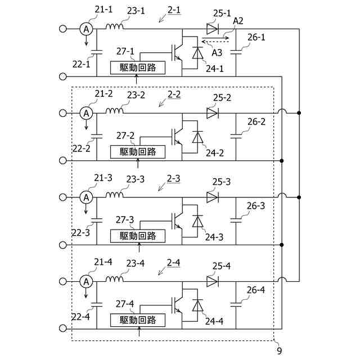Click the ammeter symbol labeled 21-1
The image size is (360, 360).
point(86,29)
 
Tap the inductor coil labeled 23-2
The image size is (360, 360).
point(114,111)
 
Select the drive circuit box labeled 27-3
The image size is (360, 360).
point(138,236)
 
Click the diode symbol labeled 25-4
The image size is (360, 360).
point(213,281)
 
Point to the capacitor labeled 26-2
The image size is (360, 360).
point(236,136)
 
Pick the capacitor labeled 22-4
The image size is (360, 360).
point(97,304)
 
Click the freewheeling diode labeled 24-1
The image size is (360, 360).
point(197,53)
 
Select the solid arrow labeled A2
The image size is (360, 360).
point(215,38)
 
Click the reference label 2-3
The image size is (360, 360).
point(173,179)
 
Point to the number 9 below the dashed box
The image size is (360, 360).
point(279,351)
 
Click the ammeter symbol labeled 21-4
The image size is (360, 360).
point(86,281)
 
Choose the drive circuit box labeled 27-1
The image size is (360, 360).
point(138,67)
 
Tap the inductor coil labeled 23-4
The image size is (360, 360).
point(114,279)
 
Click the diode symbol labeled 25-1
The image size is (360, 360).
point(213,29)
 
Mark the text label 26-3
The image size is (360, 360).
point(256,206)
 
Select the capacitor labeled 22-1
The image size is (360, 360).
point(97,52)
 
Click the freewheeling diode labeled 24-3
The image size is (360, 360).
point(197,221)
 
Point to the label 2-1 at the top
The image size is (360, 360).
point(174,10)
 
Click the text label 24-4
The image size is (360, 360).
point(214,321)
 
